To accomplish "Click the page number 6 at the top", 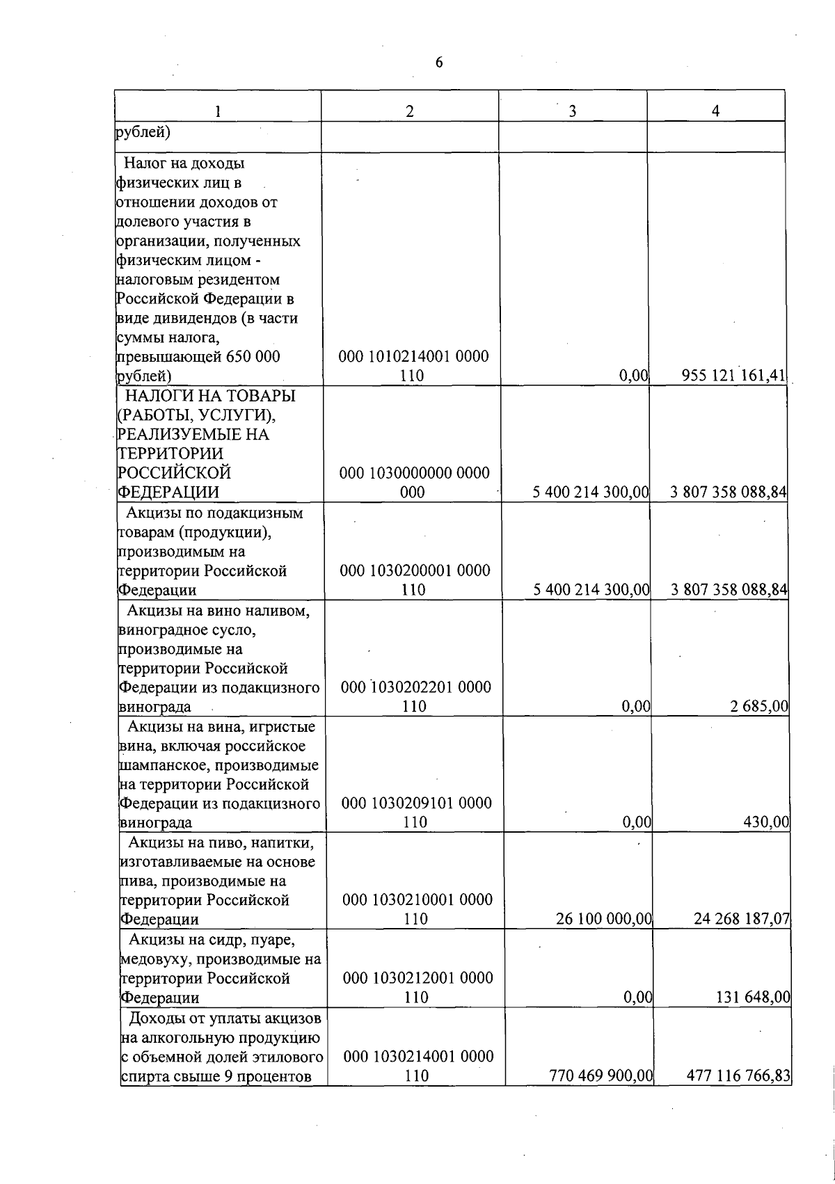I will [x=439, y=63].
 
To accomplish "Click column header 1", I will [x=218, y=111].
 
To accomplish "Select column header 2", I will [x=410, y=111].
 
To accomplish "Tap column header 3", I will [x=572, y=111].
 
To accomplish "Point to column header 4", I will [x=715, y=111].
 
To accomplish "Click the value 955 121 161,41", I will [x=734, y=376].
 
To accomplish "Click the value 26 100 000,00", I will [x=603, y=919].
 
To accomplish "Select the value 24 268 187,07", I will [x=742, y=919].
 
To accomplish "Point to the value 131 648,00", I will [x=753, y=998].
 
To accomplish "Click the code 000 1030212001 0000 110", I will [x=417, y=987].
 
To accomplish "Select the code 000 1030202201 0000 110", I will [x=415, y=696].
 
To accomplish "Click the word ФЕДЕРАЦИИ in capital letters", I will [x=169, y=493].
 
